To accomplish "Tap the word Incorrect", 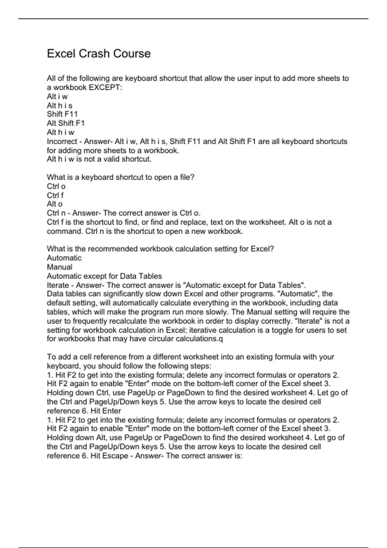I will tap(62, 142).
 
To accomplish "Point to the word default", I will tap(58, 303).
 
